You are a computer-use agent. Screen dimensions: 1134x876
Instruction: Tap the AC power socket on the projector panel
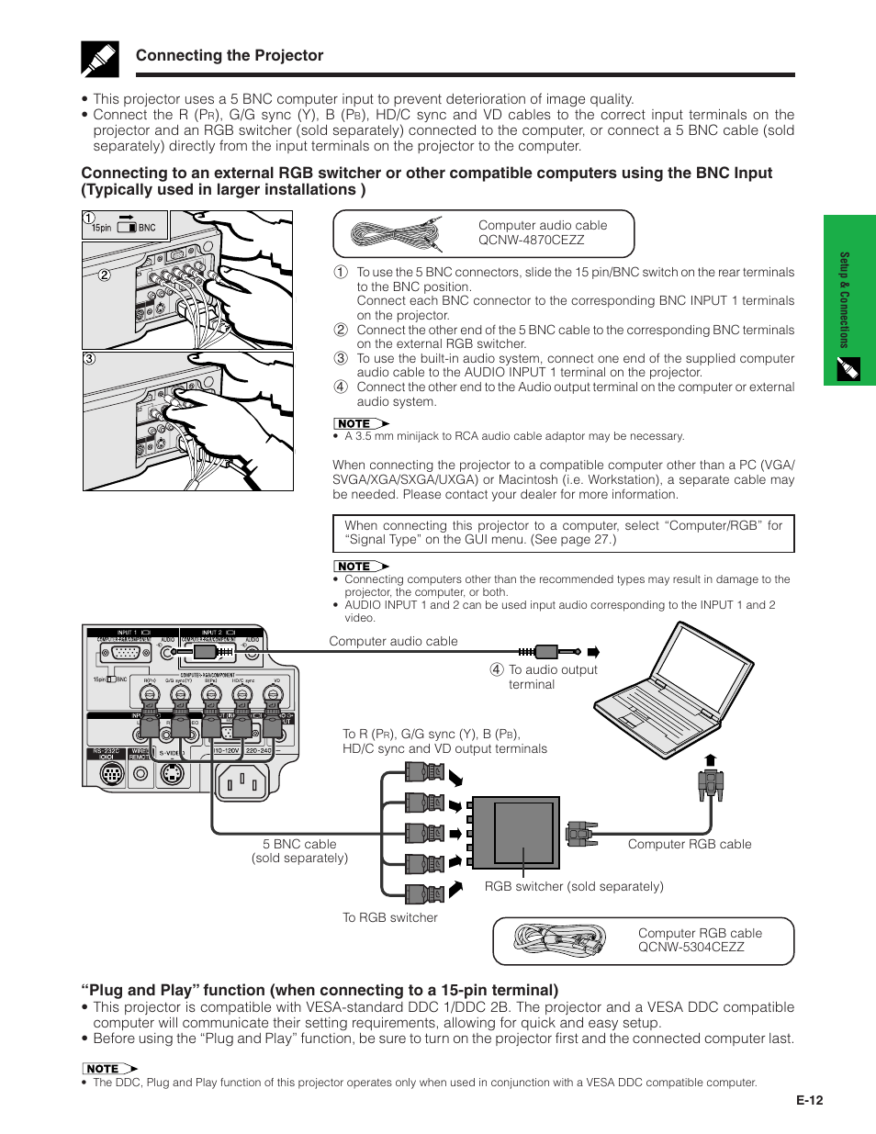click(242, 782)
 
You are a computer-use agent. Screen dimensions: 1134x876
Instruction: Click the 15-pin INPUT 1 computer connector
click(125, 654)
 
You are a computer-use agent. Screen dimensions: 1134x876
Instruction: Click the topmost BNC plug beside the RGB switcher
click(423, 771)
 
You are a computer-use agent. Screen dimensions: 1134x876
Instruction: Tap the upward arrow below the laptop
click(710, 760)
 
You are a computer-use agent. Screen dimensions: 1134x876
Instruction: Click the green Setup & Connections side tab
click(848, 299)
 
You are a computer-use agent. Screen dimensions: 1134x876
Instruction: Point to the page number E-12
click(809, 1100)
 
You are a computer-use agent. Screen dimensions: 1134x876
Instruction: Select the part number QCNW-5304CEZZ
click(691, 948)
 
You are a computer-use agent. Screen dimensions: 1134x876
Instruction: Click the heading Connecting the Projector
click(230, 55)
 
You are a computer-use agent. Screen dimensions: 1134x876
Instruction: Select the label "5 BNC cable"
click(299, 844)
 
